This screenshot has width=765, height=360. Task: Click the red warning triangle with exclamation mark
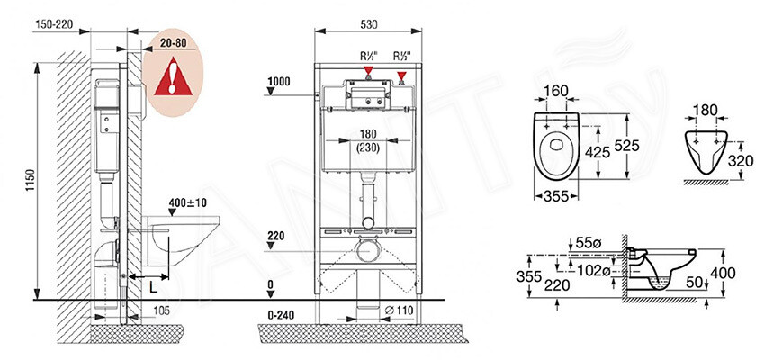173,76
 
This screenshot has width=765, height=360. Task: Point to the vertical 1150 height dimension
31,180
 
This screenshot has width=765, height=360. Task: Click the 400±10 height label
188,202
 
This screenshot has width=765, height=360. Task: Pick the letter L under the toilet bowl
153,288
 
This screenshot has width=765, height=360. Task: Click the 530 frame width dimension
368,25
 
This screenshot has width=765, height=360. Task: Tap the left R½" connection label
369,56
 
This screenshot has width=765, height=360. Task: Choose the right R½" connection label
402,56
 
